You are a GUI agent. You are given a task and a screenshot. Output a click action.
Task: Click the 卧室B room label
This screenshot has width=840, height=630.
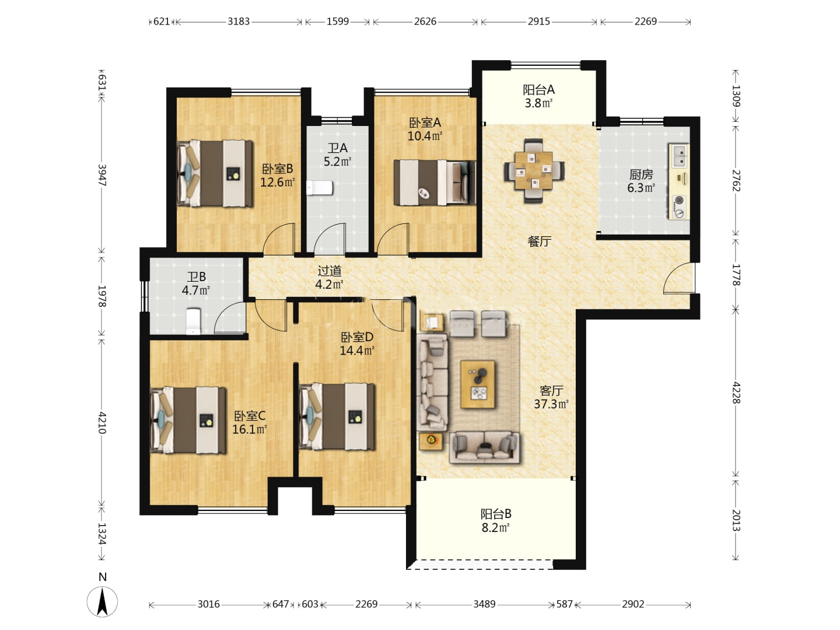pos(278,169)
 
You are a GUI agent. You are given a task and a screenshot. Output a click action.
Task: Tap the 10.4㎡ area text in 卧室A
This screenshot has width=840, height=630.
pos(425,136)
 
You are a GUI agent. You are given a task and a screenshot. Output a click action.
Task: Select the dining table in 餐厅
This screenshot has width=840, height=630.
pos(534,170)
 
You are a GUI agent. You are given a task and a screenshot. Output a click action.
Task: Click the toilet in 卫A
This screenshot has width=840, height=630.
pos(320,188)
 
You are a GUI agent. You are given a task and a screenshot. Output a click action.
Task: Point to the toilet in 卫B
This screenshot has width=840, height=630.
pos(193,321)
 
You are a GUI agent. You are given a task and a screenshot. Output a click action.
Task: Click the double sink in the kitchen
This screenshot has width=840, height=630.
pos(679,156)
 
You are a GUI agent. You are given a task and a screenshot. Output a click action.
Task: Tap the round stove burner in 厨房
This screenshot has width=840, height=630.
pos(679,199)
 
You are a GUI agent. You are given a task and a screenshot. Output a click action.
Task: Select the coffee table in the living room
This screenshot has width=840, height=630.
pos(478,384)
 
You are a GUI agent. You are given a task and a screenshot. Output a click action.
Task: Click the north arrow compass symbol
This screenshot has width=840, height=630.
pos(102,601)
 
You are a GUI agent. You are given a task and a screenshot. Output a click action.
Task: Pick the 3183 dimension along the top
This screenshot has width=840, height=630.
pos(239,22)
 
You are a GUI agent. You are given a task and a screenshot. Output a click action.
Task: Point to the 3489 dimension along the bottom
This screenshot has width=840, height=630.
pos(485,604)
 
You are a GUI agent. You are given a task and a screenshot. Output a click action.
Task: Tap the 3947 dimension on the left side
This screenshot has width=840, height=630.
pos(102,175)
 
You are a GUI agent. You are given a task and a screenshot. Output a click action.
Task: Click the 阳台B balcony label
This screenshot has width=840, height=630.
pos(496,513)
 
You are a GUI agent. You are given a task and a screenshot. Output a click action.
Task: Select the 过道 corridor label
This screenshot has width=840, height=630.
pos(329,271)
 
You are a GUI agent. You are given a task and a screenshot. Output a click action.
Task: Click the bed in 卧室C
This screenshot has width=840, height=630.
pos(187,421)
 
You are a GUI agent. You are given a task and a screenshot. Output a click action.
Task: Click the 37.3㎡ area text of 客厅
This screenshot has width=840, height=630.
pos(551,404)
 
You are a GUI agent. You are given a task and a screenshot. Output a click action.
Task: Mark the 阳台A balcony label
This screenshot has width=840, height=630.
pos(538,89)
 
